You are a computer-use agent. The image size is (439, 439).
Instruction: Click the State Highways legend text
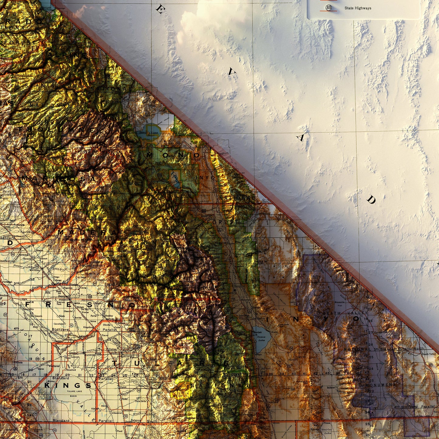coord(358,8)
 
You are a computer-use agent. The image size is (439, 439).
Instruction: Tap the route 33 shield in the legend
coord(328,8)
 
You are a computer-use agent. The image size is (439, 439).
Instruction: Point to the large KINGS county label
coord(67,386)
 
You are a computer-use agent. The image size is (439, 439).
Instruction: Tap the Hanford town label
coord(91,355)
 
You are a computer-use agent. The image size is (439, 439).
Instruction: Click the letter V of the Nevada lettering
coord(232,72)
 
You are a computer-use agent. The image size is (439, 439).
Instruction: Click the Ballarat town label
coord(331,387)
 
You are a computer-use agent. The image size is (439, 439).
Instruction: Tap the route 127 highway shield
coord(430,365)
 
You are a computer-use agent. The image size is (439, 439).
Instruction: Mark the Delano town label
coord(130,426)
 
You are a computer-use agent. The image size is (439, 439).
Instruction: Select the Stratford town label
coord(71,370)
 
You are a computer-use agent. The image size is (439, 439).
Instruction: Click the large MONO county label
coord(173,155)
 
